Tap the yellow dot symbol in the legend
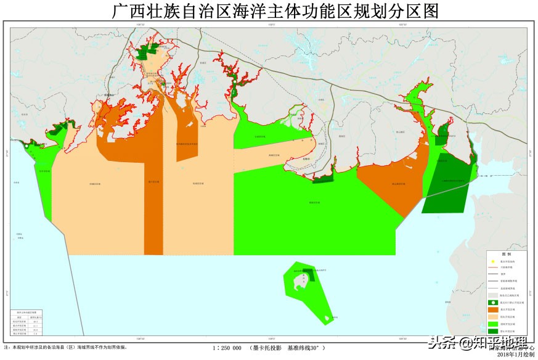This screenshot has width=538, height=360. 492,262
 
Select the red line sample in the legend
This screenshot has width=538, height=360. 492,268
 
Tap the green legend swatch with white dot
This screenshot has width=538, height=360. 492,303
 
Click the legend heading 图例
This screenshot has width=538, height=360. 506,255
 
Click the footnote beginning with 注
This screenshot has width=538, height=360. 65,348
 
